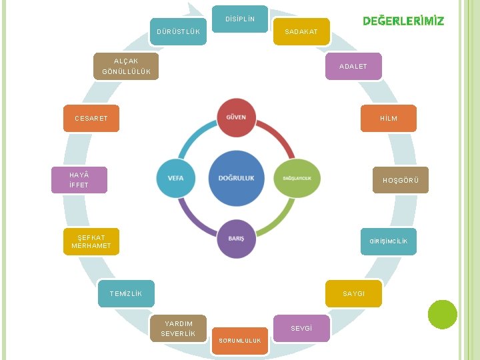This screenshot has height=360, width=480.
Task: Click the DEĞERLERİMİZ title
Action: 403,21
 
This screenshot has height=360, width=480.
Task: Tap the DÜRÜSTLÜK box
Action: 178,31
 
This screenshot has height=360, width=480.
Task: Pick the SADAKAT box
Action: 301,31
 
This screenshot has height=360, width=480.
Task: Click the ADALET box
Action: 353,66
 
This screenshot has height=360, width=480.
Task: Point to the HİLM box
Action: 389,118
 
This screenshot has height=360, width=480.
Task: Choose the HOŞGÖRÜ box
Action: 400,180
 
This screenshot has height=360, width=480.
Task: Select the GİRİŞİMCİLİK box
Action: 389,241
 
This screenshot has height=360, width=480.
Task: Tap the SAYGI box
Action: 353,293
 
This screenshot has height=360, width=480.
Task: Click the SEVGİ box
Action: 301,328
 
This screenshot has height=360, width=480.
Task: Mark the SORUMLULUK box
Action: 240,340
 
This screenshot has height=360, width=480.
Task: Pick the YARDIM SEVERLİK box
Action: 178,328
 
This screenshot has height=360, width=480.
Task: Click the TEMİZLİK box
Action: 126,293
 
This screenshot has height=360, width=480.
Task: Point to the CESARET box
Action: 91,118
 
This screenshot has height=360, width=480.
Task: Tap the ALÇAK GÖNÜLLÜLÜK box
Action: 126,66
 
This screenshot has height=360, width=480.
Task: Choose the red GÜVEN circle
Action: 236,118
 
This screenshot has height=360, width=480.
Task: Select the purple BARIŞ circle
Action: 236,238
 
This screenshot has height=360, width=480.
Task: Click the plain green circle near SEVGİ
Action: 443,314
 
